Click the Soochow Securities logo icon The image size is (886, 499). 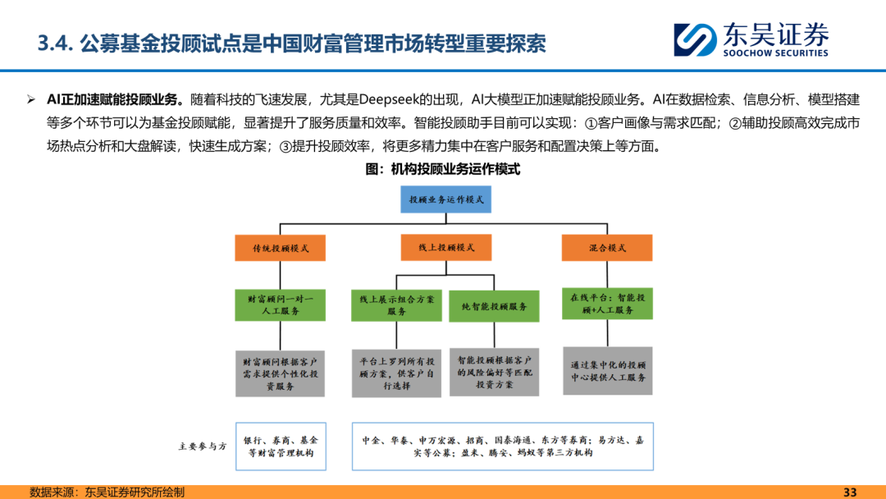[x=694, y=39]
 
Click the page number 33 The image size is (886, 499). [x=850, y=492]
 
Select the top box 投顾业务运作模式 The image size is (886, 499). [x=445, y=199]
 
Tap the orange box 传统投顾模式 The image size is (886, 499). [x=281, y=248]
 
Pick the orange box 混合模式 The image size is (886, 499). [x=607, y=247]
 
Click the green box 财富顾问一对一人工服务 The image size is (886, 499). [x=280, y=304]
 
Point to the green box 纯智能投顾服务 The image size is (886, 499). [x=494, y=306]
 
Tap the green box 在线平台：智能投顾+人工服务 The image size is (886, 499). [x=607, y=304]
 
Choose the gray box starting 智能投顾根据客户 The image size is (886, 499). [x=494, y=372]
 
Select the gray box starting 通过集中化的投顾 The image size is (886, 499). [x=608, y=371]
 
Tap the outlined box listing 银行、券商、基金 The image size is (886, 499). [x=281, y=446]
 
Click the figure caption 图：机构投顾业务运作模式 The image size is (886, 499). [x=443, y=170]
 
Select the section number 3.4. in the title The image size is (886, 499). [x=56, y=43]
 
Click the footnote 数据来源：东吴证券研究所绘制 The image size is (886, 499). [x=107, y=492]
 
